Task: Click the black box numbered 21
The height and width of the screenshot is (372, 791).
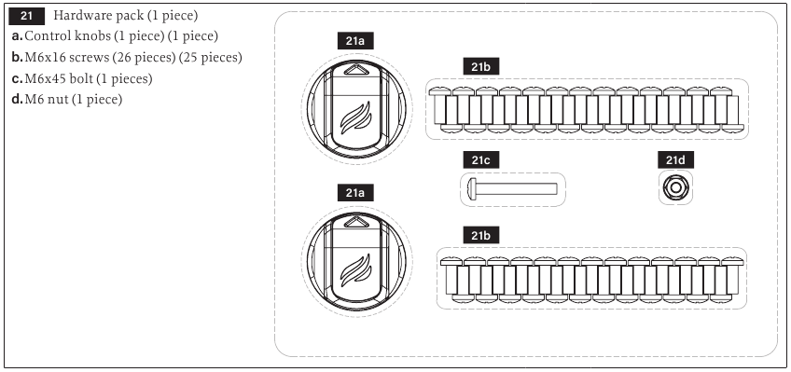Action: pyautogui.click(x=27, y=16)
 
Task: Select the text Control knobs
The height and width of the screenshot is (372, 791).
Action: pyautogui.click(x=68, y=36)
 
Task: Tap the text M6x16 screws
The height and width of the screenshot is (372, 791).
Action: pyautogui.click(x=67, y=58)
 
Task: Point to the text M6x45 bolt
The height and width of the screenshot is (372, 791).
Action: pyautogui.click(x=59, y=79)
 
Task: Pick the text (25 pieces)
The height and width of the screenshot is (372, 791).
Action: pyautogui.click(x=211, y=58)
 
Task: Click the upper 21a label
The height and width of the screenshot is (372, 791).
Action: pyautogui.click(x=355, y=41)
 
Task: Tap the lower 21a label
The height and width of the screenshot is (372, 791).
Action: pyautogui.click(x=355, y=193)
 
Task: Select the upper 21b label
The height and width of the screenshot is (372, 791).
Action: pyautogui.click(x=481, y=67)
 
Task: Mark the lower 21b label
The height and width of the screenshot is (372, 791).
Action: pyautogui.click(x=481, y=235)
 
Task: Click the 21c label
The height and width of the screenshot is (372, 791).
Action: pyautogui.click(x=481, y=160)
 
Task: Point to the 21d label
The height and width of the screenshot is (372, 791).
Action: pyautogui.click(x=676, y=160)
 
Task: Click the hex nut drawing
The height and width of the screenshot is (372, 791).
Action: pyautogui.click(x=676, y=188)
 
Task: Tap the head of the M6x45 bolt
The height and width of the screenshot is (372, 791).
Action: pyautogui.click(x=472, y=188)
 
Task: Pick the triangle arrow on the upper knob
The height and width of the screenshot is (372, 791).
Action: pyautogui.click(x=356, y=70)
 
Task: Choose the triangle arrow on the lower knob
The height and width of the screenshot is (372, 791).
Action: pyautogui.click(x=356, y=223)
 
